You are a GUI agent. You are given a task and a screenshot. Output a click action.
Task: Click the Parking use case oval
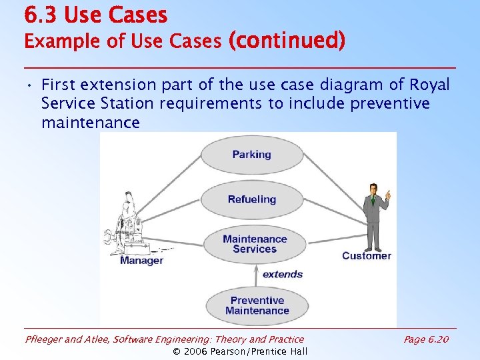251,155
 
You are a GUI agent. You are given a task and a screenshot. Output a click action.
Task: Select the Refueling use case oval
251,199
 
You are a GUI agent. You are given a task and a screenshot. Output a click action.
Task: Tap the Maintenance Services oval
255,244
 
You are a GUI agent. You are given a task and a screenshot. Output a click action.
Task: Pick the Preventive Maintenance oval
257,305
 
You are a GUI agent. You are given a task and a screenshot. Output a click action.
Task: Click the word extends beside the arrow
282,274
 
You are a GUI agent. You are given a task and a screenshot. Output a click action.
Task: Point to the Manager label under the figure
141,261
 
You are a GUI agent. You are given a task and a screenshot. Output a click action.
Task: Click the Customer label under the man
366,256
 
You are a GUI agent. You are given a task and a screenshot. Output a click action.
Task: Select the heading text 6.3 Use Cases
95,15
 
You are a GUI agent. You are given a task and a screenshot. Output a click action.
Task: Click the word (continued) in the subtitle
287,41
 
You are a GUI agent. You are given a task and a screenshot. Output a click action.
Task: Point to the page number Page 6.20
426,339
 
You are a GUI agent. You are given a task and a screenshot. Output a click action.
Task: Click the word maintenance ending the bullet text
90,123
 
